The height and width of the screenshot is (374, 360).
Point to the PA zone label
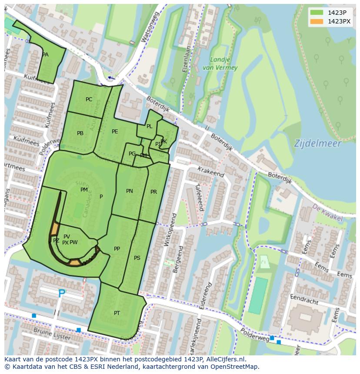[x=45, y=55]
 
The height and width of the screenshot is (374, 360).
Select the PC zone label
[x=89, y=99]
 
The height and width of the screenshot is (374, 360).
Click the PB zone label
[x=80, y=133]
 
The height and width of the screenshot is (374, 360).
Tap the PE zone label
[x=115, y=132]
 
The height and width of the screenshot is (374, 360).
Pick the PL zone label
[x=149, y=126]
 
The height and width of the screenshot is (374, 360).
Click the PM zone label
[x=84, y=190]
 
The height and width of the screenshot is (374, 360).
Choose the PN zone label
[x=130, y=191]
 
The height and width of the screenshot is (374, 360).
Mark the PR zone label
[x=153, y=192]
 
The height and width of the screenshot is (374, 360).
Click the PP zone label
[x=117, y=249]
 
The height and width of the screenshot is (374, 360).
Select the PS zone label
[x=137, y=258]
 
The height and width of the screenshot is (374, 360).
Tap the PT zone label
[x=117, y=313]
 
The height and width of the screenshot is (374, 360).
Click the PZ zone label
[x=56, y=241]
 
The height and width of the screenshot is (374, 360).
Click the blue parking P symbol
[x=62, y=294]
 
